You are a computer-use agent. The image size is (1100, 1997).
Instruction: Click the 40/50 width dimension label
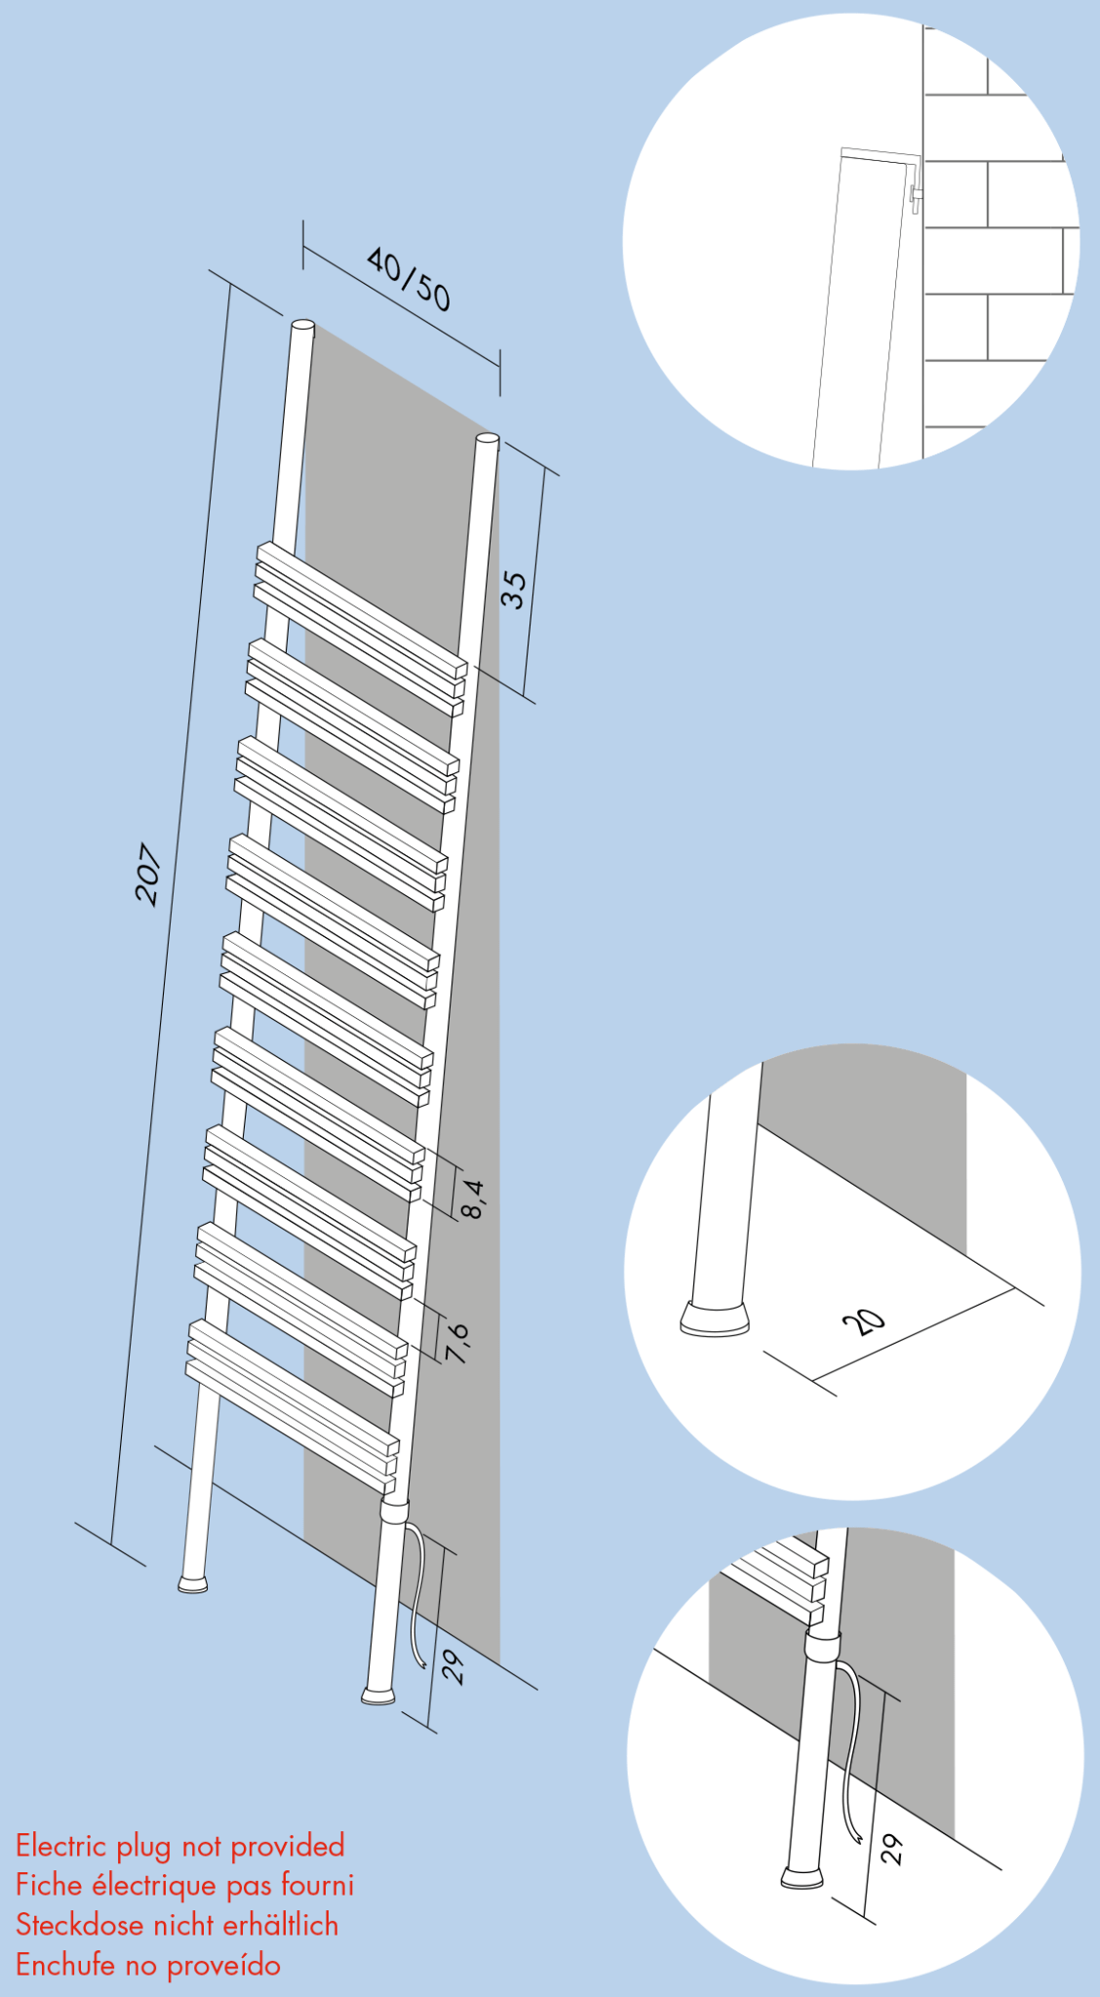409,279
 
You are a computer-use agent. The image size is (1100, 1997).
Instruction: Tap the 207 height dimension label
147,874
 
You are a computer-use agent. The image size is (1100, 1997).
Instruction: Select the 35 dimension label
513,590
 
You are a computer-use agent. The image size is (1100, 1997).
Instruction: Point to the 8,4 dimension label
472,1198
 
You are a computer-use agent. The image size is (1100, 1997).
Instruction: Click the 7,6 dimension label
457,1343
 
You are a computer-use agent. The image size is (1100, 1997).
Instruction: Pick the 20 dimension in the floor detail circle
864,1322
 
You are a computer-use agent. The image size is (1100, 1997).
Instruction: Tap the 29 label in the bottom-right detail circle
892,1850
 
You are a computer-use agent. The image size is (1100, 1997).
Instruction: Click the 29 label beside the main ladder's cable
453,1668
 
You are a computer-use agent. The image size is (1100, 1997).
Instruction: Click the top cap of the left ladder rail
303,326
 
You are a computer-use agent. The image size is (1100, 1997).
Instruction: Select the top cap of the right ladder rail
488,440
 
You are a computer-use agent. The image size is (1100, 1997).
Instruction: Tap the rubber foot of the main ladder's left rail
193,1583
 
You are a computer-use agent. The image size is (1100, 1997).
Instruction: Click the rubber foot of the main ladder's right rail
378,1696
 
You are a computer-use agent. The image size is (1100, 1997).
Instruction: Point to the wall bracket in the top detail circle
915,195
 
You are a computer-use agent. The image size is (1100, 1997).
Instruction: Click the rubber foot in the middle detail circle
715,1318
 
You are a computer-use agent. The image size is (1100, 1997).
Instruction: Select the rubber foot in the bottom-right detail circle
802,1877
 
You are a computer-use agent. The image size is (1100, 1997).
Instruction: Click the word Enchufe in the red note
65,1966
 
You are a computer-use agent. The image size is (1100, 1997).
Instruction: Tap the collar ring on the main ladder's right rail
394,1512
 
